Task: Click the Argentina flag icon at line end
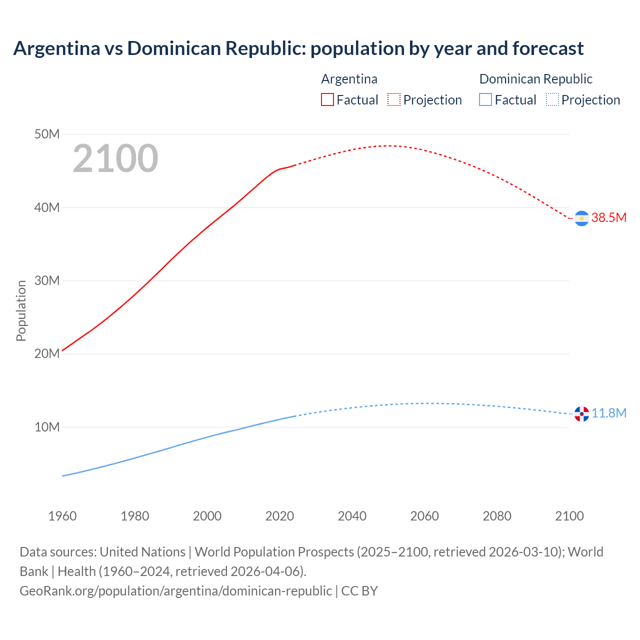pos(581,218)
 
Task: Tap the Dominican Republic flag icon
pos(581,414)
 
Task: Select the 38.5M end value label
pos(608,217)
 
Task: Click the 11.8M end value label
pos(609,413)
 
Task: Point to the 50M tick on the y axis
pos(47,134)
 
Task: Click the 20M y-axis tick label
pos(47,353)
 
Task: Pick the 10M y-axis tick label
pos(47,427)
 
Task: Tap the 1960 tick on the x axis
pos(62,516)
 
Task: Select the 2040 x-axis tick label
pos(352,516)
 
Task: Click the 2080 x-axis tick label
pos(497,516)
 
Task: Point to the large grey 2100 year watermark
pos(115,158)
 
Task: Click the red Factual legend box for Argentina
pos(327,100)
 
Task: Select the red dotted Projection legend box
pos(394,100)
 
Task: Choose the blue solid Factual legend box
pos(485,100)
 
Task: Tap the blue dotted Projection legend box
pos(552,100)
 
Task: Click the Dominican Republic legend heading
pos(535,79)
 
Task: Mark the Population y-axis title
pos(21,310)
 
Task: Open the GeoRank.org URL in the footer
pos(175,590)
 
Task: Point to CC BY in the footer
pos(359,590)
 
